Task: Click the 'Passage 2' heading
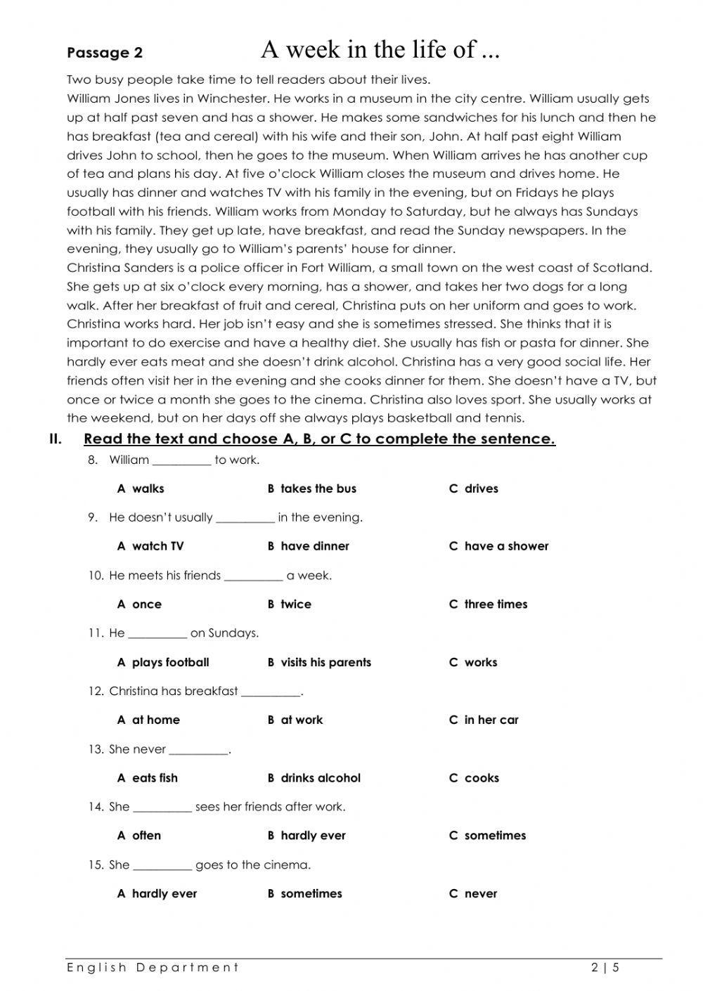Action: [x=105, y=53]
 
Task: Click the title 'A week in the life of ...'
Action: [x=380, y=49]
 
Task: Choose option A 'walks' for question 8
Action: [x=141, y=488]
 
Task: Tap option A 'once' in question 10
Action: [x=139, y=604]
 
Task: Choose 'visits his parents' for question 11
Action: [x=319, y=662]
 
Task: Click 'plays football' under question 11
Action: [x=163, y=662]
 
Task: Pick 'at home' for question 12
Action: [x=148, y=720]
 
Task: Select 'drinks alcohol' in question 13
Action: [x=314, y=778]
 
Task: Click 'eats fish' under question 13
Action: [x=148, y=778]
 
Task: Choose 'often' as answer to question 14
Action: [x=139, y=836]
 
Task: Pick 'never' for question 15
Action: [x=473, y=894]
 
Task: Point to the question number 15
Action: [x=96, y=864]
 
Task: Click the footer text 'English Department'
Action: [x=153, y=968]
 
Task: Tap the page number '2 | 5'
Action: [x=605, y=968]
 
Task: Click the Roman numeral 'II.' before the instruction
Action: [x=56, y=439]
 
